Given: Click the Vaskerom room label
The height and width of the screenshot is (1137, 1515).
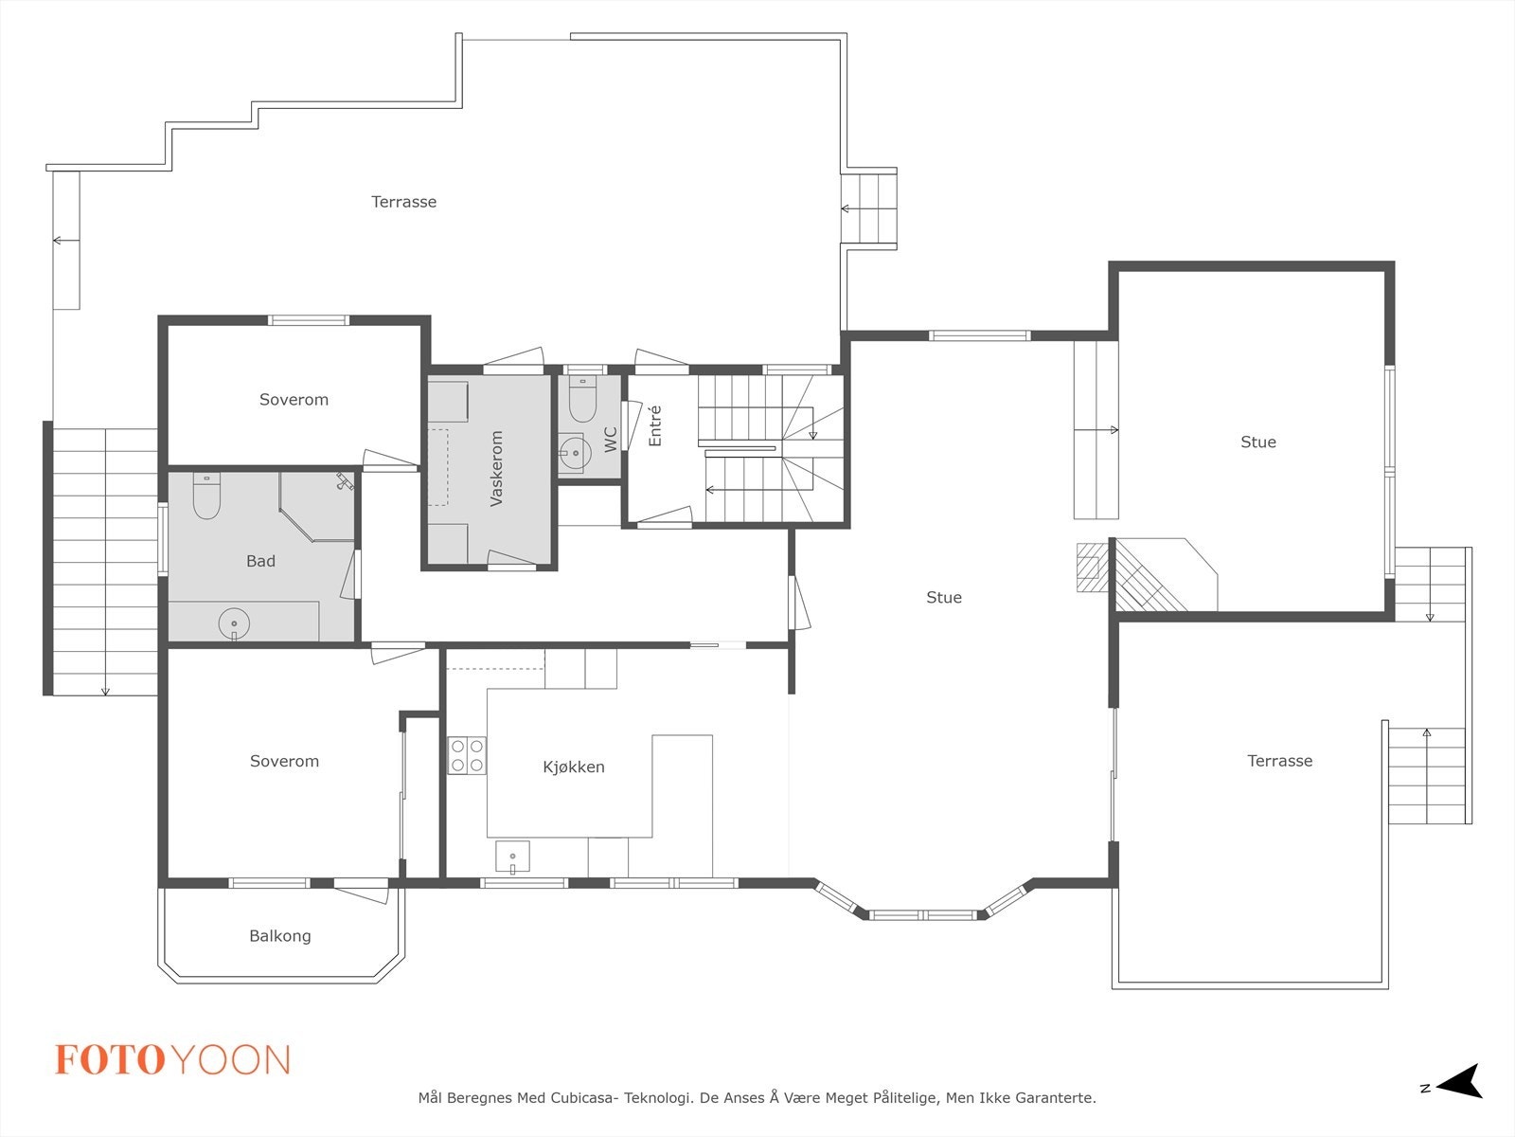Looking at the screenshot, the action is tap(496, 469).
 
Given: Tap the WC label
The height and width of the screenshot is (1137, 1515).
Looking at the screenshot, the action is tap(610, 440).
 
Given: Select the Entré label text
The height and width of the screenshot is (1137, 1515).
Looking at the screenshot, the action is tap(655, 425).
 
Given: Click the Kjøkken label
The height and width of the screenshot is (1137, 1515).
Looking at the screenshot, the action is tap(574, 767).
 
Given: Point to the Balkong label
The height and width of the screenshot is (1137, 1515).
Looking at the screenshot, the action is tap(280, 936).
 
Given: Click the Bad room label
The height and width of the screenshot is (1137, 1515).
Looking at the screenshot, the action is tap(261, 561).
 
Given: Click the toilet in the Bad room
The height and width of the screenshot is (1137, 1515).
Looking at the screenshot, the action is tap(206, 496).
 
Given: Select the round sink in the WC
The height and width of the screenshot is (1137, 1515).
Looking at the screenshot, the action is tap(574, 454).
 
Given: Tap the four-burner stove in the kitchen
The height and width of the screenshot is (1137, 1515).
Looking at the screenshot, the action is tap(467, 755).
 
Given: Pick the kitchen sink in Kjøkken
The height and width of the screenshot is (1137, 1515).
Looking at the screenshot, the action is tap(512, 857).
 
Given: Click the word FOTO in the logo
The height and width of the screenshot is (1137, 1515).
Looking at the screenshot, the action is tap(110, 1059).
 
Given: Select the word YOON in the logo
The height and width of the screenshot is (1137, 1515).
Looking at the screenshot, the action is tap(230, 1059).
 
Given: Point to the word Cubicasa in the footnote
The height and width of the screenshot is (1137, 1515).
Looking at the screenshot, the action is tap(581, 1097).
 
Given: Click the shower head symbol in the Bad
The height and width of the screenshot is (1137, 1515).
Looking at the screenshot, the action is tap(344, 480).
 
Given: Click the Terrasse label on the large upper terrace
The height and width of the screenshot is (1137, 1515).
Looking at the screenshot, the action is tap(403, 202).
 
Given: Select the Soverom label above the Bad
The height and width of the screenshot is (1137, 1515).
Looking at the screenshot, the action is tap(294, 400).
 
